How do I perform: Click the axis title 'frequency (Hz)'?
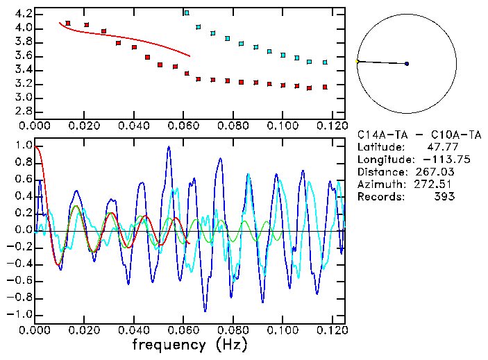click(190, 345)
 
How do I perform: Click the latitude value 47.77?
click(438, 147)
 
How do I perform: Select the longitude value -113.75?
click(432, 160)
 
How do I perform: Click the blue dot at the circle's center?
click(407, 64)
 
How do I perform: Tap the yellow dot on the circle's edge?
click(357, 62)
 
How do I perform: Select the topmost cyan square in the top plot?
click(186, 13)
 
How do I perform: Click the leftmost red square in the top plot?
click(67, 24)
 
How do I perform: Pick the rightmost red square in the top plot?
click(324, 87)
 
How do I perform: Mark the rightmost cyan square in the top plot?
click(325, 62)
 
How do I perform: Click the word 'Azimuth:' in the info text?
click(379, 185)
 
